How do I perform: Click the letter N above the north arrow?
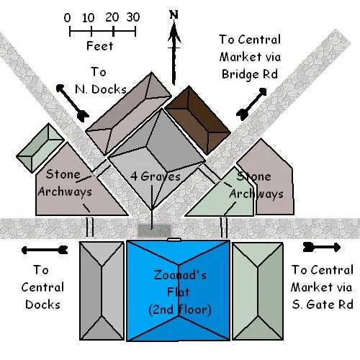174,14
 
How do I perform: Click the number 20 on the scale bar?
112,17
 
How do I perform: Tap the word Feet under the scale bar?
99,45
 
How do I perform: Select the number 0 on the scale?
68,18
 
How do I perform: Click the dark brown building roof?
198,120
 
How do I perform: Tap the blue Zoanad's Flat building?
178,290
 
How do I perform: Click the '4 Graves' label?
156,176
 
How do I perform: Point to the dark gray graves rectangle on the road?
154,230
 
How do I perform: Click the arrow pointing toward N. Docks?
73,103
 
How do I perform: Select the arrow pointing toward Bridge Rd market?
251,104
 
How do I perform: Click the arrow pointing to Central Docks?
45,250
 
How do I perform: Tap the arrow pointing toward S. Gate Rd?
322,247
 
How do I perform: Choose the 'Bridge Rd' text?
250,74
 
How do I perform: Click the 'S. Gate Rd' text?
323,305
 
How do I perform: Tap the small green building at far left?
40,148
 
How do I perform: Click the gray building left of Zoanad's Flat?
102,291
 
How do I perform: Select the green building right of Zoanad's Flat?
258,292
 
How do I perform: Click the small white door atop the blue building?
174,239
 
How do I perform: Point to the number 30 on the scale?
133,17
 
